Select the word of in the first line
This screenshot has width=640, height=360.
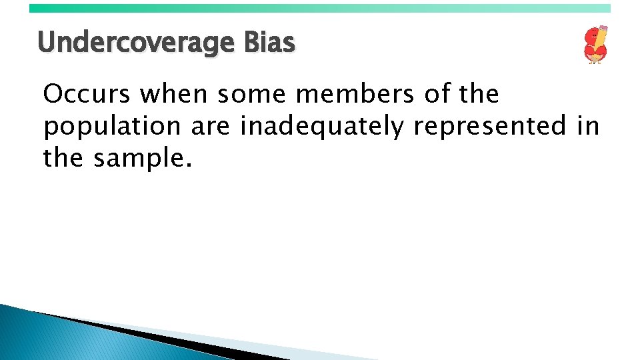[437, 95]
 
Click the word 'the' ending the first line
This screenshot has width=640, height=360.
[479, 95]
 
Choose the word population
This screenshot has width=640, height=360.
[112, 127]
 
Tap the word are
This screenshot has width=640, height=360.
[211, 127]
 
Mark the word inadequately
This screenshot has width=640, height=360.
[322, 127]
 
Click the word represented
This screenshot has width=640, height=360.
[490, 127]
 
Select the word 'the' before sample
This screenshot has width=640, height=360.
[63, 158]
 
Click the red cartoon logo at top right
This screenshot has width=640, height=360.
[595, 45]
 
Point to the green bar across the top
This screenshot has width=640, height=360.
[320, 8]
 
